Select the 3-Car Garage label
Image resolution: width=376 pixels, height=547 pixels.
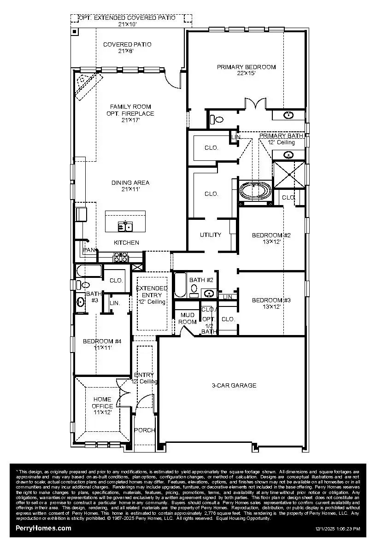click(x=234, y=385)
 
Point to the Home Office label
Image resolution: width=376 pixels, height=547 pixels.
click(x=102, y=403)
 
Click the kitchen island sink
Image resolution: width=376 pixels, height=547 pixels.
click(x=125, y=226)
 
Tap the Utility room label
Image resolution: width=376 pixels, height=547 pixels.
click(x=210, y=235)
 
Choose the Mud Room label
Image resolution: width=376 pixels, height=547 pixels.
click(x=188, y=318)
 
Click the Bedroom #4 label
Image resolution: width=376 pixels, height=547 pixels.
click(x=102, y=341)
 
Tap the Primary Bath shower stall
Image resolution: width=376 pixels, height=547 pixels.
click(x=289, y=175)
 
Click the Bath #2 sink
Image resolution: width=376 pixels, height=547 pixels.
click(x=209, y=293)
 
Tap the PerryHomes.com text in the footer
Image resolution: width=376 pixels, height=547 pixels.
click(x=43, y=528)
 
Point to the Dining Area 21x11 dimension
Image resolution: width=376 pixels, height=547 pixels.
click(x=130, y=189)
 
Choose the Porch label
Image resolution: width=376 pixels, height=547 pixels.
click(x=144, y=430)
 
